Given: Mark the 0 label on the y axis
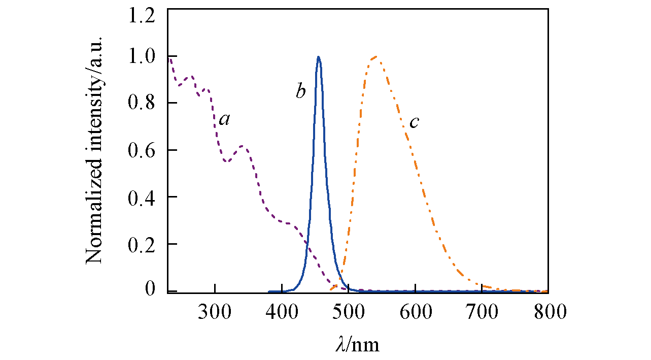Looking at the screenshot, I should [151, 290].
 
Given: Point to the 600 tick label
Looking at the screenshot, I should [415, 312].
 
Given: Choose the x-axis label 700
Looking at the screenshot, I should [482, 312].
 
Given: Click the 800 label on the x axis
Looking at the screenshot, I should [548, 312].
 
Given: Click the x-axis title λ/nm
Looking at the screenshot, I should [357, 345].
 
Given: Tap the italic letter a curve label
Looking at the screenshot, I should [224, 119].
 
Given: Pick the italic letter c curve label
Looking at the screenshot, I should [414, 122].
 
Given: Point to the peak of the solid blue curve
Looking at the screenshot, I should [318, 57].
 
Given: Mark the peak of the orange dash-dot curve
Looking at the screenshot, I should [375, 56].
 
